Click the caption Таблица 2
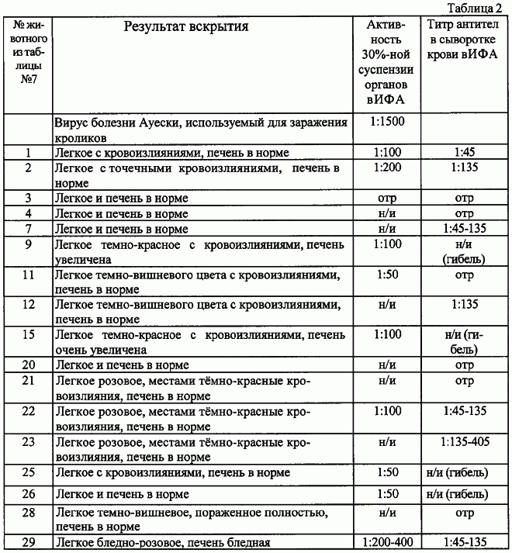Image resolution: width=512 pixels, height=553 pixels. [480, 9]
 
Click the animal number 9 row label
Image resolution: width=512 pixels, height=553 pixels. [28, 246]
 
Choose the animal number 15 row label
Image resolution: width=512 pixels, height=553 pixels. [28, 334]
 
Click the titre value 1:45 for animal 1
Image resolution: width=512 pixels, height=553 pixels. [464, 152]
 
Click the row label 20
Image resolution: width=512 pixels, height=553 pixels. [28, 365]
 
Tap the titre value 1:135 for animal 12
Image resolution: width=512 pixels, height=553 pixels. [464, 304]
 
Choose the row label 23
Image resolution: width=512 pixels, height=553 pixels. [28, 441]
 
